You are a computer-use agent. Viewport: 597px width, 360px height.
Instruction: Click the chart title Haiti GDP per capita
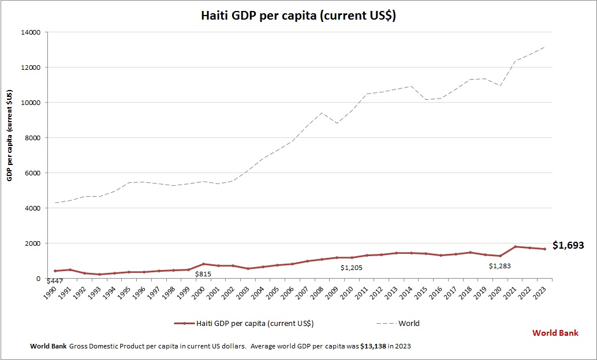pos(298,16)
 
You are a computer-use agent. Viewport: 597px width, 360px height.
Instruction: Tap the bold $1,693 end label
pos(568,246)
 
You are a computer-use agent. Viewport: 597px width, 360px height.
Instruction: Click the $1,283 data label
pos(500,266)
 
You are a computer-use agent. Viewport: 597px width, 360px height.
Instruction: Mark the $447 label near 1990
pos(54,281)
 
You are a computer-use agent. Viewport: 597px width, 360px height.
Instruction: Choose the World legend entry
pos(409,323)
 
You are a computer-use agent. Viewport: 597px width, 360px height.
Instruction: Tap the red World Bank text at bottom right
pos(555,333)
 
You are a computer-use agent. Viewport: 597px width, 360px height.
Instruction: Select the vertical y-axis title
pos(10,135)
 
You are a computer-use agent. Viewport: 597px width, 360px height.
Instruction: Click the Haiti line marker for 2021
pos(516,247)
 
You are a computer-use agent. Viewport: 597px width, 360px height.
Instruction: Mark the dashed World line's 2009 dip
pos(337,123)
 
